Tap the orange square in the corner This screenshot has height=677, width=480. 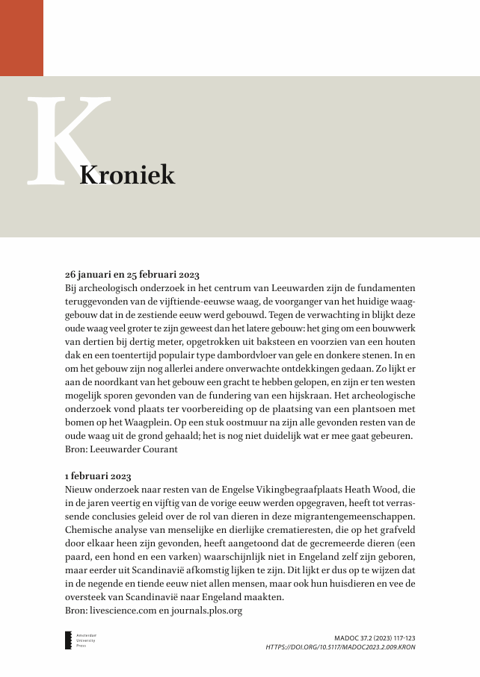(x=21, y=37)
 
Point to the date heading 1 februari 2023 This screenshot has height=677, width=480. (x=99, y=475)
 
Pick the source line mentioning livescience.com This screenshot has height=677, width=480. (x=154, y=611)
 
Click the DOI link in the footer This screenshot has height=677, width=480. (x=340, y=647)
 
